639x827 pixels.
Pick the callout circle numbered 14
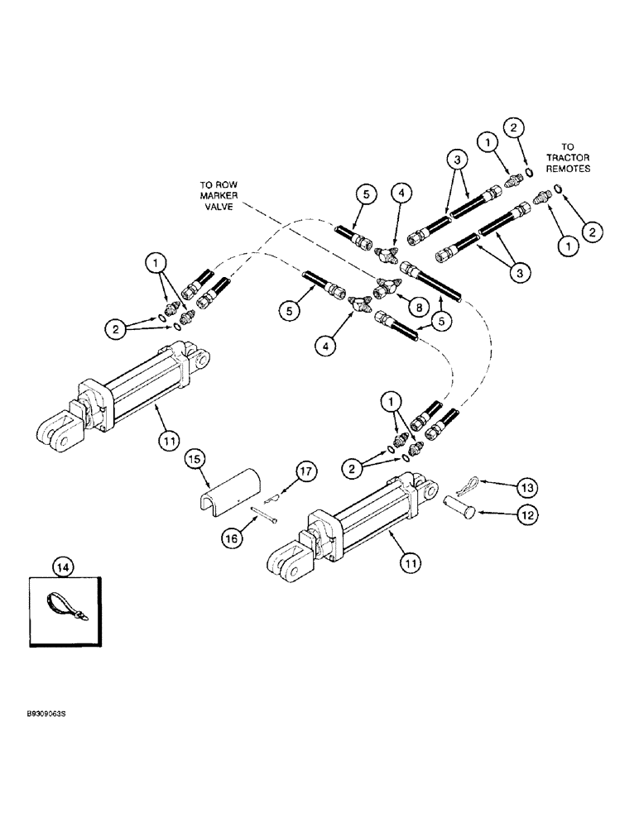[x=62, y=567]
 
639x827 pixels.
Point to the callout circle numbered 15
[x=193, y=457]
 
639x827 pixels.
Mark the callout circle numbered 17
[x=281, y=472]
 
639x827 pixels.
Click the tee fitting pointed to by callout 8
[x=383, y=289]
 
